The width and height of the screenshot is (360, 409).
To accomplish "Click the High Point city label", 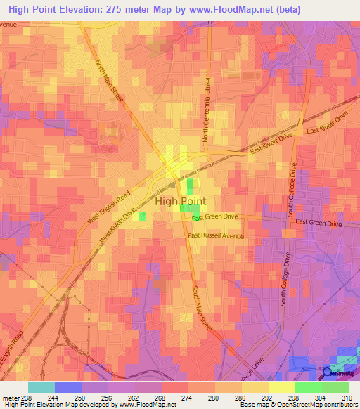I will click(x=180, y=201).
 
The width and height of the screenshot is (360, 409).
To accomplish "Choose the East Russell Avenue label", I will click(x=216, y=236).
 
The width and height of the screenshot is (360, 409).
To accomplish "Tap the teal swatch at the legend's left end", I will click(x=41, y=387).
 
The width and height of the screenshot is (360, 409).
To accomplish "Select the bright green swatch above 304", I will click(x=308, y=387).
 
